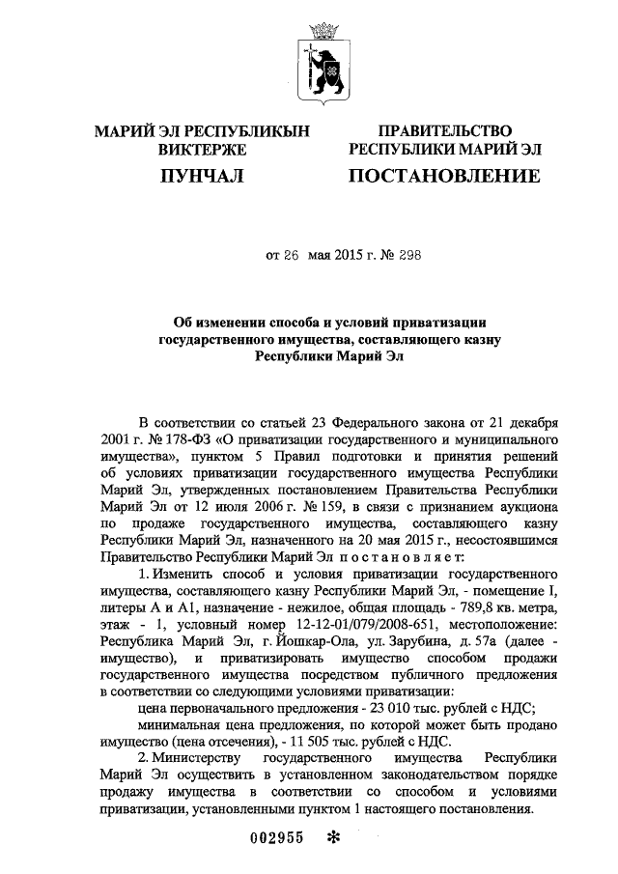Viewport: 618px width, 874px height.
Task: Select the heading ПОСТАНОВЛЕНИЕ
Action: [x=443, y=176]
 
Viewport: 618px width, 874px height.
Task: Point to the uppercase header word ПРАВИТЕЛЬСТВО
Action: [x=444, y=130]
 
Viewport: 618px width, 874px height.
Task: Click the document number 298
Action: [x=407, y=255]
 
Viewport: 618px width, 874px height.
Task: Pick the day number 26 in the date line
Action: [x=291, y=255]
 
